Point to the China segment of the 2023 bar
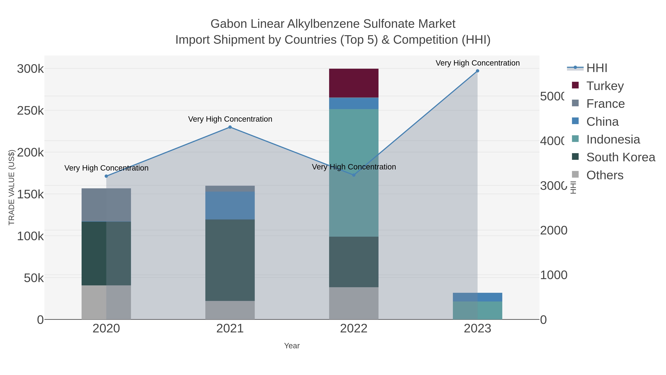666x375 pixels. coord(477,297)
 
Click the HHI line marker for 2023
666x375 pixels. coord(477,71)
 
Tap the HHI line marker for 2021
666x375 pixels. coord(230,127)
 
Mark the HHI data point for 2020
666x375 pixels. coord(106,176)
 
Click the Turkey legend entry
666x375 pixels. coord(605,86)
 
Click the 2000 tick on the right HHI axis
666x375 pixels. coord(554,230)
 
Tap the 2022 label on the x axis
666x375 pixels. coord(353,329)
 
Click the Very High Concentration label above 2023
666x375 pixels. coord(477,63)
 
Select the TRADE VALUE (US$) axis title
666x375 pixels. coord(12,187)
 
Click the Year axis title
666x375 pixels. coord(292,346)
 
